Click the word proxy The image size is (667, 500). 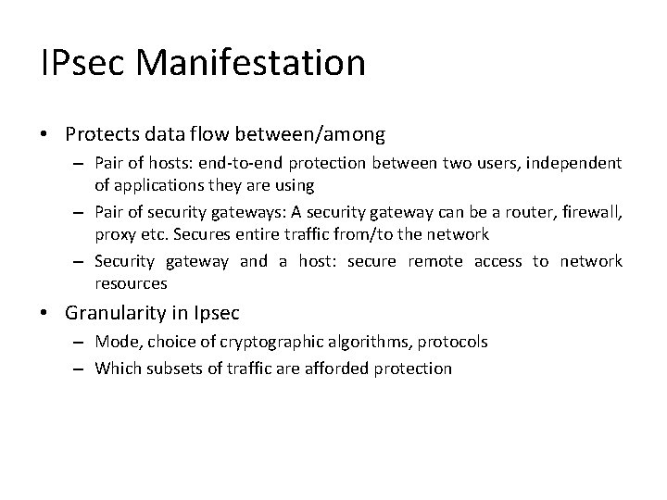(x=115, y=234)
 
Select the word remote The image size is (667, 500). (x=434, y=261)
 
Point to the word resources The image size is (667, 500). (x=131, y=282)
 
